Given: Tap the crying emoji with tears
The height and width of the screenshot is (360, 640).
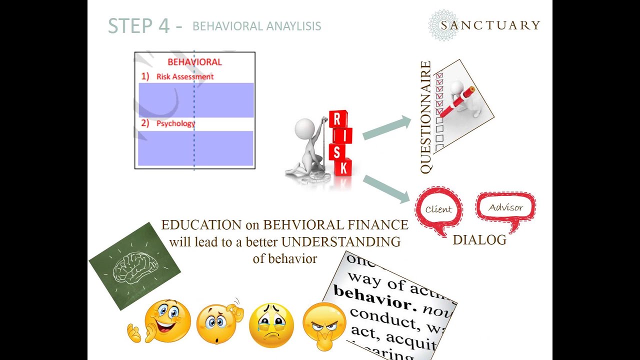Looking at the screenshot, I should point(271,325).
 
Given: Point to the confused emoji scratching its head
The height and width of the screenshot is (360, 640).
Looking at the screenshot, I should point(217,324).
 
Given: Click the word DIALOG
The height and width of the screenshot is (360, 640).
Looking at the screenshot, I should point(479,240).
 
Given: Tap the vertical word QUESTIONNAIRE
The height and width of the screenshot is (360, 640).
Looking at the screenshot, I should point(426,117).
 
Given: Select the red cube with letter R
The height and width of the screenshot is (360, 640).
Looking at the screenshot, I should point(337,119).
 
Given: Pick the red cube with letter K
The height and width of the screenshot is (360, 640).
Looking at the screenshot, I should point(342,167).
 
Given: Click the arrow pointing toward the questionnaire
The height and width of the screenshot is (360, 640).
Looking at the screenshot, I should point(386,127).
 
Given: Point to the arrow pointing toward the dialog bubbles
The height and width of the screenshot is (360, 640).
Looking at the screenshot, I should point(386,188).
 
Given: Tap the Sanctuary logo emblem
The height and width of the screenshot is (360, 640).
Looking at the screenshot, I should point(443,25).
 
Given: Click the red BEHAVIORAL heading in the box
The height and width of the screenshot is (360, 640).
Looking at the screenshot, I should point(194,62).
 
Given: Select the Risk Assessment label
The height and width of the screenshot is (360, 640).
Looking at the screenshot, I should point(184,76).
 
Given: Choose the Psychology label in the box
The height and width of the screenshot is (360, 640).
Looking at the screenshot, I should point(175,123).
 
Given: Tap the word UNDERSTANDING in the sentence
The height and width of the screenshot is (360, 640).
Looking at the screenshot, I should point(340,242).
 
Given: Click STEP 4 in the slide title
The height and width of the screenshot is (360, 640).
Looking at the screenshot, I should point(138,26).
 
